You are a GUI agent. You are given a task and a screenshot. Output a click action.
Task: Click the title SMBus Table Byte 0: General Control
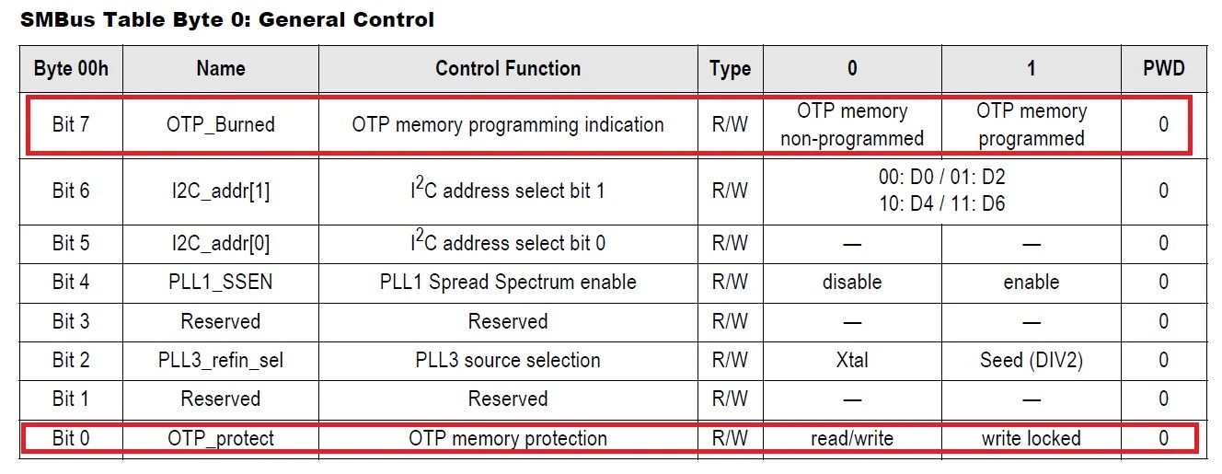click(227, 19)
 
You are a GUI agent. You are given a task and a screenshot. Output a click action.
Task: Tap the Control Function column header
click(508, 68)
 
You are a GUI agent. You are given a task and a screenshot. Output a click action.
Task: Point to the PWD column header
click(1164, 68)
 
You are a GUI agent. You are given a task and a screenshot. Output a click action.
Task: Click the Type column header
click(730, 68)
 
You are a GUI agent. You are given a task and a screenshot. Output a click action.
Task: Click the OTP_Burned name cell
click(220, 124)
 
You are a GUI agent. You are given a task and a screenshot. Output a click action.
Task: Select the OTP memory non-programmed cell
click(851, 124)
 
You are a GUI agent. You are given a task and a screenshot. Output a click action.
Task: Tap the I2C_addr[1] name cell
click(220, 191)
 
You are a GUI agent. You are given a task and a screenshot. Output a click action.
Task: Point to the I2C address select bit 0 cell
click(508, 243)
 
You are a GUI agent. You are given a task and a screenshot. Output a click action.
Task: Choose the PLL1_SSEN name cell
click(220, 282)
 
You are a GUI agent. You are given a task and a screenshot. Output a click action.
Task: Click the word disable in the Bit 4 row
click(851, 282)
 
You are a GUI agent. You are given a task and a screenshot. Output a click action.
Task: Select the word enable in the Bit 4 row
click(1031, 282)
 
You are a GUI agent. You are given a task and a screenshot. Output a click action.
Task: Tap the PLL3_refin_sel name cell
click(220, 360)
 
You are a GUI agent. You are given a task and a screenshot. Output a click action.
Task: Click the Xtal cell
click(851, 360)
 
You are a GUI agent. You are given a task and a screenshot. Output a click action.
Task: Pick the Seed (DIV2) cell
click(1031, 360)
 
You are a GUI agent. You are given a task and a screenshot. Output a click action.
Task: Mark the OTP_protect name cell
click(220, 438)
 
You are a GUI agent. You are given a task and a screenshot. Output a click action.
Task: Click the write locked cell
click(1031, 438)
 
